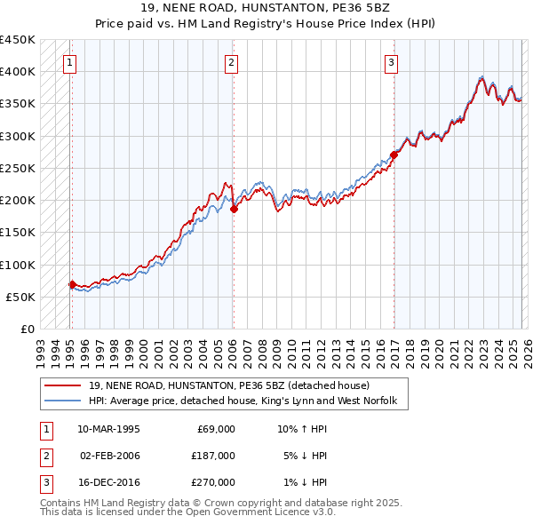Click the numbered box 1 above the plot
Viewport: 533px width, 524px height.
coord(69,62)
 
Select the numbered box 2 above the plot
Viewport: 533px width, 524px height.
coord(231,62)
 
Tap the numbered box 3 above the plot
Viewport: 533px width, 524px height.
coord(391,62)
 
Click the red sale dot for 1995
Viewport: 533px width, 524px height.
coord(72,284)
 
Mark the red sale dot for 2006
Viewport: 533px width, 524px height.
coord(234,210)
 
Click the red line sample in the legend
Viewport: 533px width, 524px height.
coord(63,386)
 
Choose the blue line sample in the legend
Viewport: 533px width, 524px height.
coord(63,402)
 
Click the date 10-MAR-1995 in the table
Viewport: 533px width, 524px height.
coord(108,429)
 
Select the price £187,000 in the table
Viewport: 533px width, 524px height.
coord(213,456)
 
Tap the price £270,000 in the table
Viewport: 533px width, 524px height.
coord(213,482)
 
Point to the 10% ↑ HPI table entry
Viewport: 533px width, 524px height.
coord(302,429)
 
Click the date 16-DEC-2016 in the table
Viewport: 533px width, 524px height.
coord(108,482)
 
